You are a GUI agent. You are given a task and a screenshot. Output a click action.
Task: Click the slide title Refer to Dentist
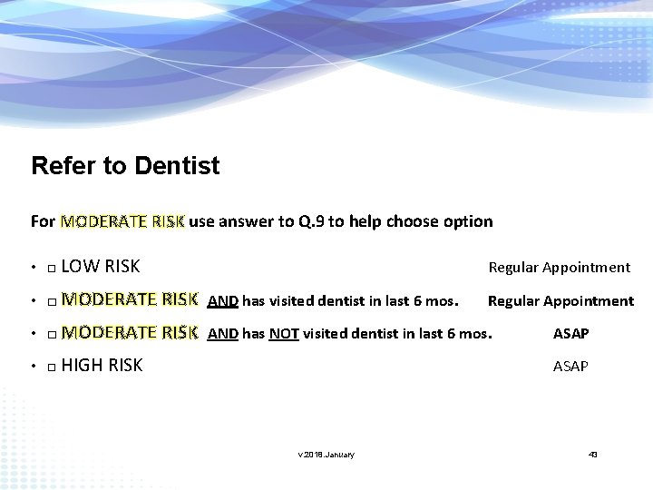coord(125,166)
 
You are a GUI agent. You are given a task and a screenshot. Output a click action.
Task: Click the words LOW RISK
coord(101,267)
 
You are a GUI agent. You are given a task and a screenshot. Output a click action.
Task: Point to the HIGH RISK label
coord(102,366)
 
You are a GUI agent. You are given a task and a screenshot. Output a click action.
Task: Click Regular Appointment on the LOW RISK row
coord(559,267)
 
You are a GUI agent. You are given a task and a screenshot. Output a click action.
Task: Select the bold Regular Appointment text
coord(560,300)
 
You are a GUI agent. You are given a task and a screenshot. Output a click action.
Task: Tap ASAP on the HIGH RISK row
coord(570,367)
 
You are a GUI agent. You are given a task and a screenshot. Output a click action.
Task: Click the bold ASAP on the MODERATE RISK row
coord(570,334)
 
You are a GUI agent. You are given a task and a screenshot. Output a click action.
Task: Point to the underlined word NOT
coord(284,334)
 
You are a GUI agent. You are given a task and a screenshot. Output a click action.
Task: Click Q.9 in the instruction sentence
coord(311,221)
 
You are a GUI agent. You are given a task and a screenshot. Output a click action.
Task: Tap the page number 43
coord(593,454)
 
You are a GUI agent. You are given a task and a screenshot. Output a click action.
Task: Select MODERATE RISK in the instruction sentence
coord(122,221)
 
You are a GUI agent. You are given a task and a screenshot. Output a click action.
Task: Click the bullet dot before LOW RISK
coord(33,269)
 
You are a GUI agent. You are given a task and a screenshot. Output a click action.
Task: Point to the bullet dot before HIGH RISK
coord(33,367)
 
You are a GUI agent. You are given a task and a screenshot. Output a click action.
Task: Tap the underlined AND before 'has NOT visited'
coord(223,334)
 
